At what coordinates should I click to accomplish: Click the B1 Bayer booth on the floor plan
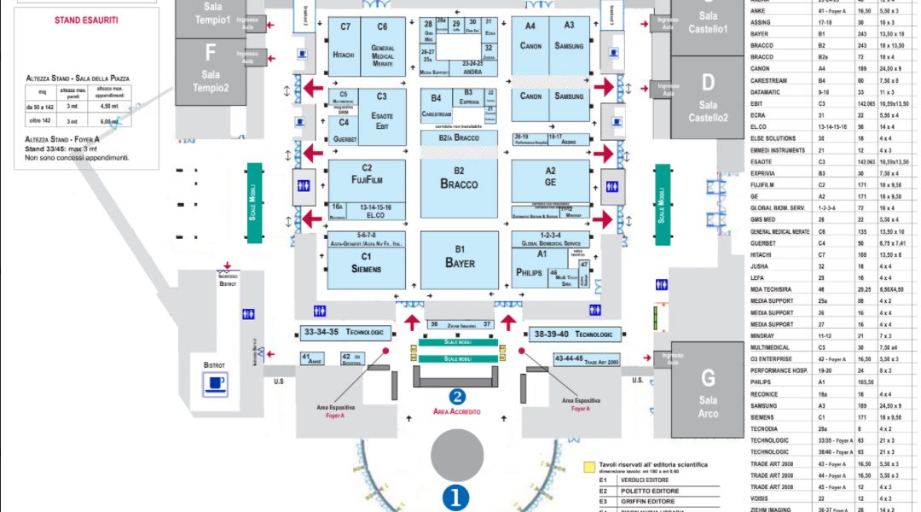click(x=460, y=259)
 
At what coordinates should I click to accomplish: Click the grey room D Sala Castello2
click(x=708, y=98)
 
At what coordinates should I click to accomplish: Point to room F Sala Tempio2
click(x=210, y=68)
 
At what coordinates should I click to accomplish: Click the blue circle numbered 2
click(x=458, y=396)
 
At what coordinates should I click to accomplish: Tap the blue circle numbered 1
click(x=455, y=497)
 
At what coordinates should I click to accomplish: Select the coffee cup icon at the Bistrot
click(x=216, y=384)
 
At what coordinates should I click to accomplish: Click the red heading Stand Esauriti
click(x=85, y=19)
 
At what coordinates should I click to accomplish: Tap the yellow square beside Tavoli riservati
click(x=588, y=467)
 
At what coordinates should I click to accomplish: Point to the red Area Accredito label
click(x=457, y=412)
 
